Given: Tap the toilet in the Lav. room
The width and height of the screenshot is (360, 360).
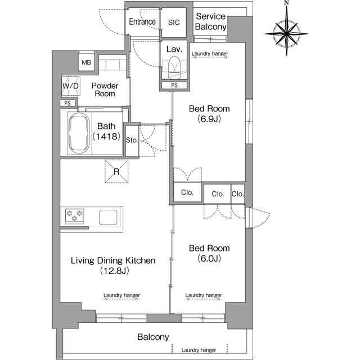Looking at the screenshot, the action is tap(174, 67).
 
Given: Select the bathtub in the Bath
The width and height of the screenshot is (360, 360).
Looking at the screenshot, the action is tap(79, 133).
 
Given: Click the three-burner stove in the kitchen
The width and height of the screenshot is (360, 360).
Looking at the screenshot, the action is tap(74, 216).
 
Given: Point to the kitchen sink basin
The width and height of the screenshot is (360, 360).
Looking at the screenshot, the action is tap(108, 217).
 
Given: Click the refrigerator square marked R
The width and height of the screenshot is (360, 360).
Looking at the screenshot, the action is tap(116, 171).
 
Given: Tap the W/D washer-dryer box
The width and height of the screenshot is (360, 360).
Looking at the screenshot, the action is tap(71, 86).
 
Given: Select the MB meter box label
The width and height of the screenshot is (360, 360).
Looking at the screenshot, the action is tap(86, 62).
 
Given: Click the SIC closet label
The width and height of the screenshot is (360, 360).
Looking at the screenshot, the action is tap(174, 22).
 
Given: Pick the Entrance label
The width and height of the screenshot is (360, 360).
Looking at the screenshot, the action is tap(142, 21).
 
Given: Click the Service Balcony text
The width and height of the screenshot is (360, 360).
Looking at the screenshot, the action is tap(210, 21).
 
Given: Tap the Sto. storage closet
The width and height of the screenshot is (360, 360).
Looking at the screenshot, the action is tap(132, 141).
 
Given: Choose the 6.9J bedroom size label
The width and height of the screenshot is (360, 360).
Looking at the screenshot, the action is tap(209, 119).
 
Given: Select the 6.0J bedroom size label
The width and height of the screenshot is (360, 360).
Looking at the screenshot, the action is tap(209, 258).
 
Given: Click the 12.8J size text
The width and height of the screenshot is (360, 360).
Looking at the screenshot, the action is tap(115, 271).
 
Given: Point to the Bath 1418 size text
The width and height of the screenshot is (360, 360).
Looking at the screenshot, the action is tap(106, 136).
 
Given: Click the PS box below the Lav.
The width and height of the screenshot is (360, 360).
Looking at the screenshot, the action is tap(174, 85).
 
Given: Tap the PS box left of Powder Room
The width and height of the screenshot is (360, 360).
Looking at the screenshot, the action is tap(67, 103).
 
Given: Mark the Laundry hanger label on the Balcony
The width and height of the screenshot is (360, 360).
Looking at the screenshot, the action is tap(199, 350).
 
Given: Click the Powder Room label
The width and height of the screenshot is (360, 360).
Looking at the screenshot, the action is tap(105, 89).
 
